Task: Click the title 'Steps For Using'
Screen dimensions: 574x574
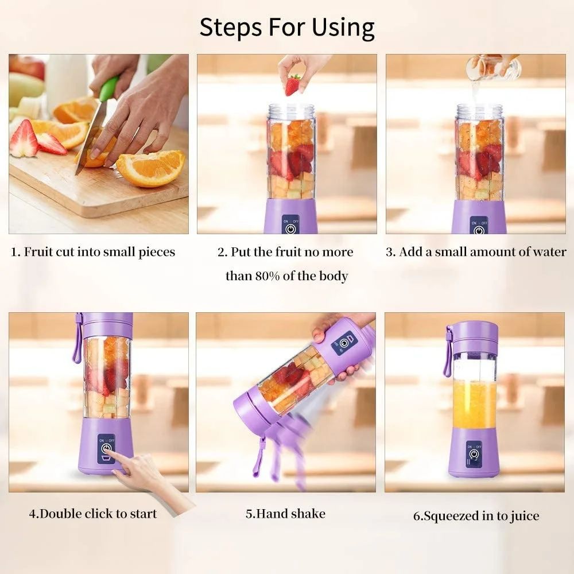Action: pos(287,27)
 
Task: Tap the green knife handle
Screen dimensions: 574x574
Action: pos(107,89)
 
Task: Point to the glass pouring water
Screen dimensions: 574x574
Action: pos(492,68)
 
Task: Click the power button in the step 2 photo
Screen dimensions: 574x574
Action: pos(291,228)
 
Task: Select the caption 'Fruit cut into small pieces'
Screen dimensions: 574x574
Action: pos(94,252)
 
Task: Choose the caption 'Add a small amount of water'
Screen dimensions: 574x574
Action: pos(476,252)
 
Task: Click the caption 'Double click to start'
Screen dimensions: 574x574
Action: pos(93,513)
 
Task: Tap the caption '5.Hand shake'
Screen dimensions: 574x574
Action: pos(285,513)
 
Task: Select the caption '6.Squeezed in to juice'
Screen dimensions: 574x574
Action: pos(476,515)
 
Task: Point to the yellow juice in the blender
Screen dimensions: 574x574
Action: pos(474,404)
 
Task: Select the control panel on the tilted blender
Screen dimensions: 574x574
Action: pos(344,343)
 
